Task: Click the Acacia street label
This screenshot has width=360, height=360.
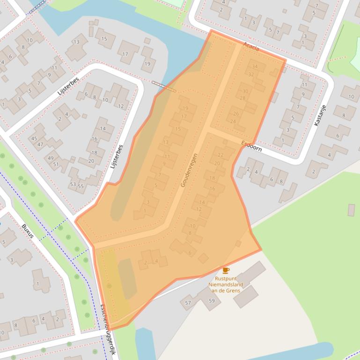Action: point(251,47)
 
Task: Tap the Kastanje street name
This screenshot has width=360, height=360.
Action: point(320,115)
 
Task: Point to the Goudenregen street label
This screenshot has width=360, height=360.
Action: point(190,170)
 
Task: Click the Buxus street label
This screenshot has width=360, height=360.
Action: point(28,231)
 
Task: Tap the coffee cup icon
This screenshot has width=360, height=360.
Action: point(226,270)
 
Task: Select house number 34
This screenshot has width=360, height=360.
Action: point(255,67)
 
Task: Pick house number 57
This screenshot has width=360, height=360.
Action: point(188,303)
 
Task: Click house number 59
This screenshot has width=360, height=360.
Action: point(212,301)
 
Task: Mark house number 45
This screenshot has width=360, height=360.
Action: point(34,139)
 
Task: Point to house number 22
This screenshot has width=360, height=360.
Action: point(220,155)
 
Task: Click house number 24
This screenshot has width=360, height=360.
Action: point(233,122)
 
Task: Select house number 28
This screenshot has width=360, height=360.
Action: point(242,98)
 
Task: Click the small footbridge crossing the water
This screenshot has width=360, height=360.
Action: point(164,86)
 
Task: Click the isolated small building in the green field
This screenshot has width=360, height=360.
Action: point(351,210)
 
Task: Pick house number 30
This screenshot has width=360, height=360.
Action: point(245,92)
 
